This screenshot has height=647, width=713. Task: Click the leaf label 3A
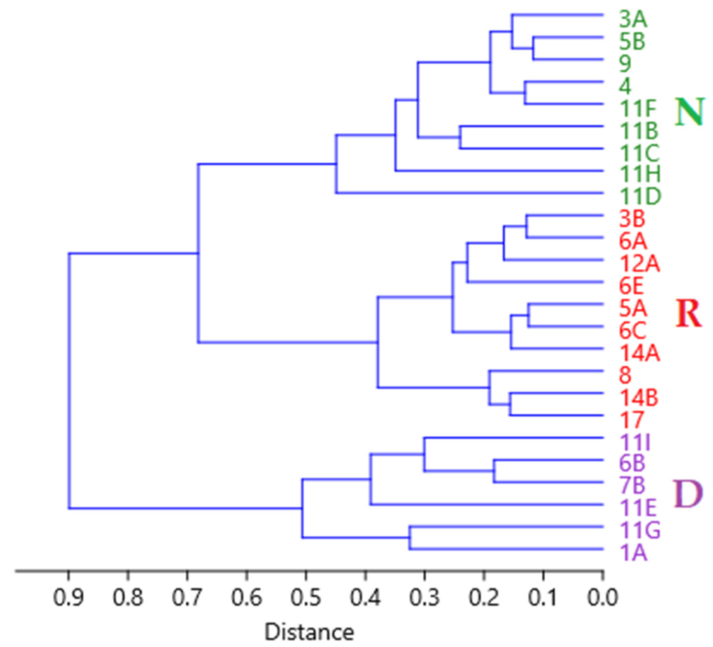pos(633,20)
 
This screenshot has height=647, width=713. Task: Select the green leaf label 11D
pos(639,197)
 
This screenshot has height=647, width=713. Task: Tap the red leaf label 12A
pos(639,263)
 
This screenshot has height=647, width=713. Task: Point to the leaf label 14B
pos(639,398)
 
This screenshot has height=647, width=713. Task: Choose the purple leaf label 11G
pos(639,531)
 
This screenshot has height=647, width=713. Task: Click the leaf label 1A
pos(633,553)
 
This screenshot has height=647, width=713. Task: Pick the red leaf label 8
pos(625,375)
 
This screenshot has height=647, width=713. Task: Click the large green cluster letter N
pos(688,112)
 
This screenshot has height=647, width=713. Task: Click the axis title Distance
pos(310,632)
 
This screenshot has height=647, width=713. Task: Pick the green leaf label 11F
pos(638,108)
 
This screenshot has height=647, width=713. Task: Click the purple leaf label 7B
pos(632,486)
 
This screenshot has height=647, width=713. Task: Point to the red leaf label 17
pos(632,420)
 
